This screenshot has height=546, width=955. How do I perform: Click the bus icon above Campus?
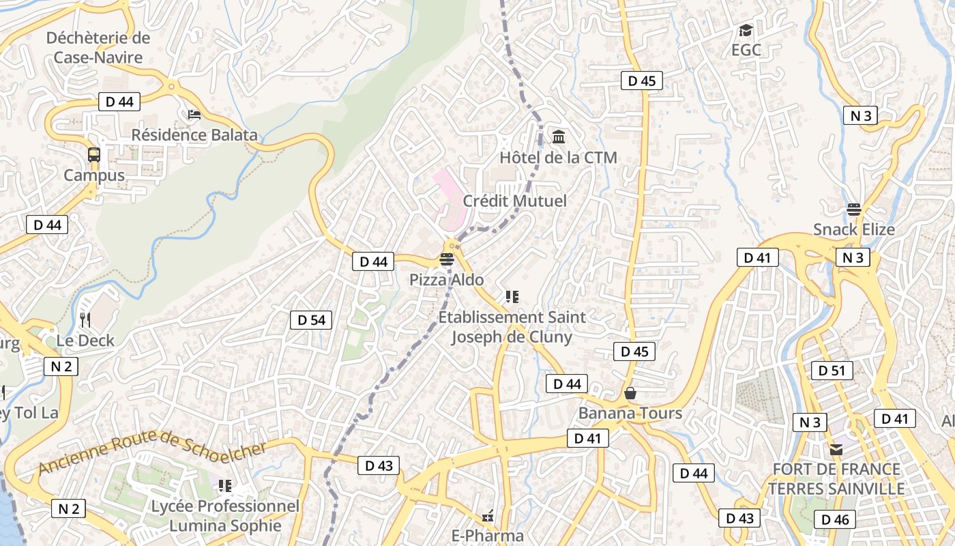click(94, 155)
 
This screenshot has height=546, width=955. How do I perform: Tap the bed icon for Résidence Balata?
click(194, 114)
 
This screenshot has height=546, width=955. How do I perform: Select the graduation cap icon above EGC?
click(746, 31)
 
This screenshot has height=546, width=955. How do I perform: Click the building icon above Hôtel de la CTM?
click(559, 137)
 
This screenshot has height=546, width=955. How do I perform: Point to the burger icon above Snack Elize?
click(854, 210)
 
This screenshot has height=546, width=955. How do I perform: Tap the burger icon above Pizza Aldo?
click(447, 259)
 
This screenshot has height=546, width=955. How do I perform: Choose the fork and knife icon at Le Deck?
click(85, 319)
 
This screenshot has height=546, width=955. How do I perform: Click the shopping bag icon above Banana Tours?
click(630, 393)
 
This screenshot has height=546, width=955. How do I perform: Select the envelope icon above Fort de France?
click(836, 449)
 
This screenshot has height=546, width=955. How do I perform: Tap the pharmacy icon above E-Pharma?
click(488, 517)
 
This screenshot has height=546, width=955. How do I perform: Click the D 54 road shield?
click(311, 320)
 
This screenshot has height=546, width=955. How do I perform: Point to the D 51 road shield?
click(832, 371)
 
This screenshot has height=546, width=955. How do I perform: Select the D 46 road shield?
click(835, 519)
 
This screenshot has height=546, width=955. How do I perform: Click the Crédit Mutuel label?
click(514, 201)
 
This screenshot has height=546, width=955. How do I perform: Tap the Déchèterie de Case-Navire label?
click(98, 47)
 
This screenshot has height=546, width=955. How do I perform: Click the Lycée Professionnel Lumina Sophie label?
click(225, 516)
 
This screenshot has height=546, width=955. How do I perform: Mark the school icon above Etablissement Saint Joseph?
click(512, 297)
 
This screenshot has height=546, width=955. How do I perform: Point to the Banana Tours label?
click(630, 413)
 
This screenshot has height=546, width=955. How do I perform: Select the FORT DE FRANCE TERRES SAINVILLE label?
click(836, 479)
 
